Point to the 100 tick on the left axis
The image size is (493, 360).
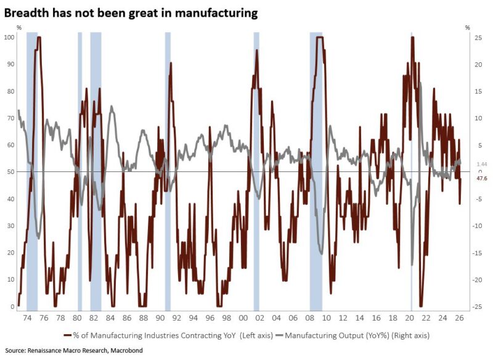tap(9, 38)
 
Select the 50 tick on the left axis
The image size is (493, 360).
tap(10, 172)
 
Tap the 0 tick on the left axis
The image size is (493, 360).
tap(12, 306)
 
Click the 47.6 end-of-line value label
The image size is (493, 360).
tap(482, 178)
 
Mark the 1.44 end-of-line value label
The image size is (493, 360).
tap(482, 165)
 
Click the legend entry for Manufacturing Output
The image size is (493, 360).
tap(357, 335)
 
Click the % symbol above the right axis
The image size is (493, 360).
tap(468, 28)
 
